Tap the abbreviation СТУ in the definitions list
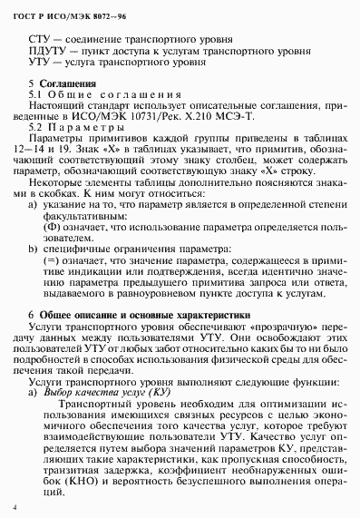tap(41, 43)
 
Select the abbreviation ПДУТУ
tap(47, 54)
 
